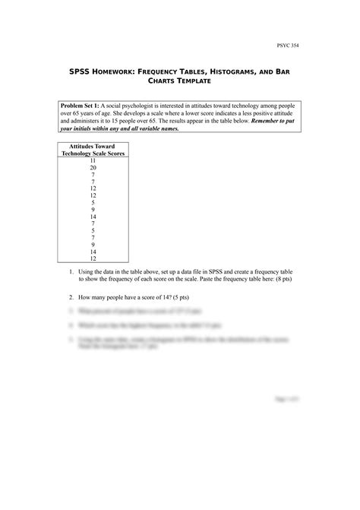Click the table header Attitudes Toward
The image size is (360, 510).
tap(93, 146)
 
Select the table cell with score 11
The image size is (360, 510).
tap(93, 160)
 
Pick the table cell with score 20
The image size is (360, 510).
tap(93, 167)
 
